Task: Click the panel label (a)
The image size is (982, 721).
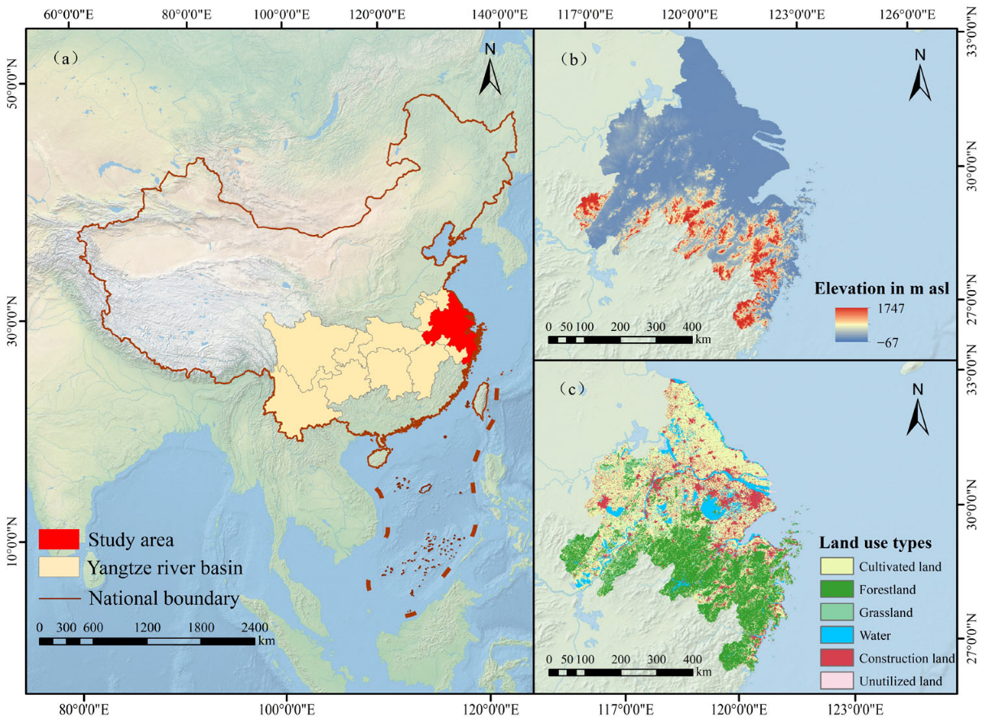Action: [x=65, y=58]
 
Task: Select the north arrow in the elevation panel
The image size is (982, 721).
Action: [x=919, y=75]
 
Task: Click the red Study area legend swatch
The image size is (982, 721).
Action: [x=58, y=539]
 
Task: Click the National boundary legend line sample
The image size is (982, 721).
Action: [x=58, y=599]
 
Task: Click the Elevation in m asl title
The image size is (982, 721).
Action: [x=883, y=287]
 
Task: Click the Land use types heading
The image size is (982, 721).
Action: [x=875, y=542]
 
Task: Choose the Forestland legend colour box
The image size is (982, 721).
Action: [x=834, y=589]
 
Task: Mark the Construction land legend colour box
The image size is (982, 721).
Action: [x=834, y=658]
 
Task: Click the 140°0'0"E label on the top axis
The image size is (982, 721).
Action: [x=492, y=14]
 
